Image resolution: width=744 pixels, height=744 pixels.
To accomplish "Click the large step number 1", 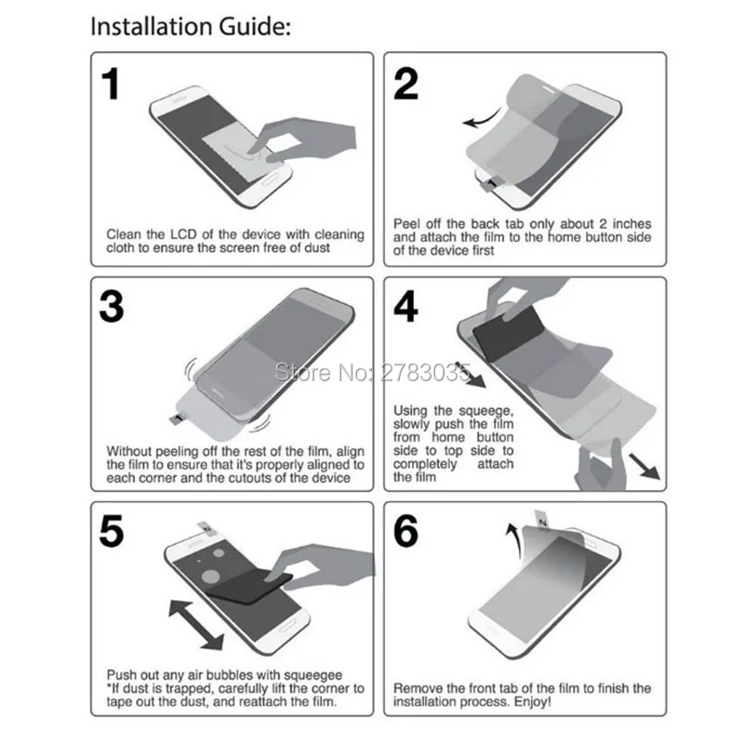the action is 111,84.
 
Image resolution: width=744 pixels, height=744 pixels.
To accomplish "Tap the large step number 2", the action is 406,84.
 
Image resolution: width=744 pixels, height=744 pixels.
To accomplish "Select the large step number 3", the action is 112,307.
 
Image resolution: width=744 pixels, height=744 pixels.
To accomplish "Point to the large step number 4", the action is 406,307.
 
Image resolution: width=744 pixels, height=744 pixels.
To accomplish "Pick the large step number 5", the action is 112,531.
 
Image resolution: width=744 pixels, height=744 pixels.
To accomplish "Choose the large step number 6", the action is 406,531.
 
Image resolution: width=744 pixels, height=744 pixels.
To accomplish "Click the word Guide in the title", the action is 254,27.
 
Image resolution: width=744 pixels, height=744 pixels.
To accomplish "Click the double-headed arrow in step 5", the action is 196,625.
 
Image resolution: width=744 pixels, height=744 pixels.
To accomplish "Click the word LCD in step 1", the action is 184,234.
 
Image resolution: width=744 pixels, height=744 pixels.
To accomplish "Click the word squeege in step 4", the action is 485,411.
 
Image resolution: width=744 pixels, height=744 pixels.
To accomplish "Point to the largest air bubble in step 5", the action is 211,577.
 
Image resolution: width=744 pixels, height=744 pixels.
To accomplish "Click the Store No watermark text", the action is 373,373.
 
